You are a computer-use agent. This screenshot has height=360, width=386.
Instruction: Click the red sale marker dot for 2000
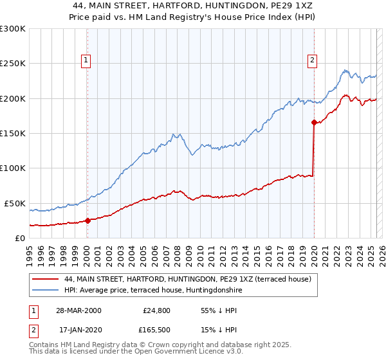click(x=87, y=221)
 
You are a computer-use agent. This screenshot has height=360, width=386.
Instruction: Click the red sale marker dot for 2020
click(x=313, y=122)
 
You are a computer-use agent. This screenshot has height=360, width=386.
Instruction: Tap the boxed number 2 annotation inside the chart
click(x=312, y=61)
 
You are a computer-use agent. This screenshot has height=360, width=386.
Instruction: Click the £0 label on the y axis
click(x=20, y=238)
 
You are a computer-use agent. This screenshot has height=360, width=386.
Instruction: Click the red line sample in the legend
click(x=46, y=279)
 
